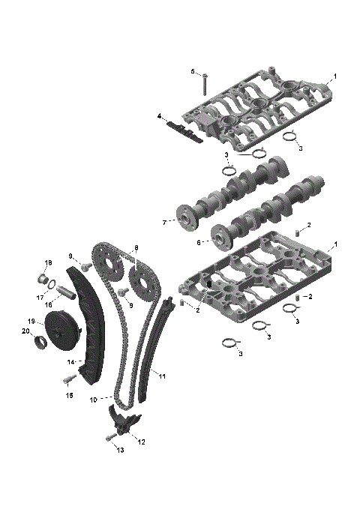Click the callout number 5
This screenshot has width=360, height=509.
tap(192, 72)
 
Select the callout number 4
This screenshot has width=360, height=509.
tap(159, 115)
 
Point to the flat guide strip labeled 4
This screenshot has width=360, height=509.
tap(184, 132)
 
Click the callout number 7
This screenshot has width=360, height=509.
tap(163, 222)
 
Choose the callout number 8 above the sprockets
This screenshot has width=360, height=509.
tap(136, 248)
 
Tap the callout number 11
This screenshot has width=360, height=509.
tap(163, 374)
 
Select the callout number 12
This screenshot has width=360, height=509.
tap(141, 442)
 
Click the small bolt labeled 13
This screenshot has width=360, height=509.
tap(109, 436)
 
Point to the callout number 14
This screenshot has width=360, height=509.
tap(70, 361)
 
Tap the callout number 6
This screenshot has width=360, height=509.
tap(199, 242)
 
